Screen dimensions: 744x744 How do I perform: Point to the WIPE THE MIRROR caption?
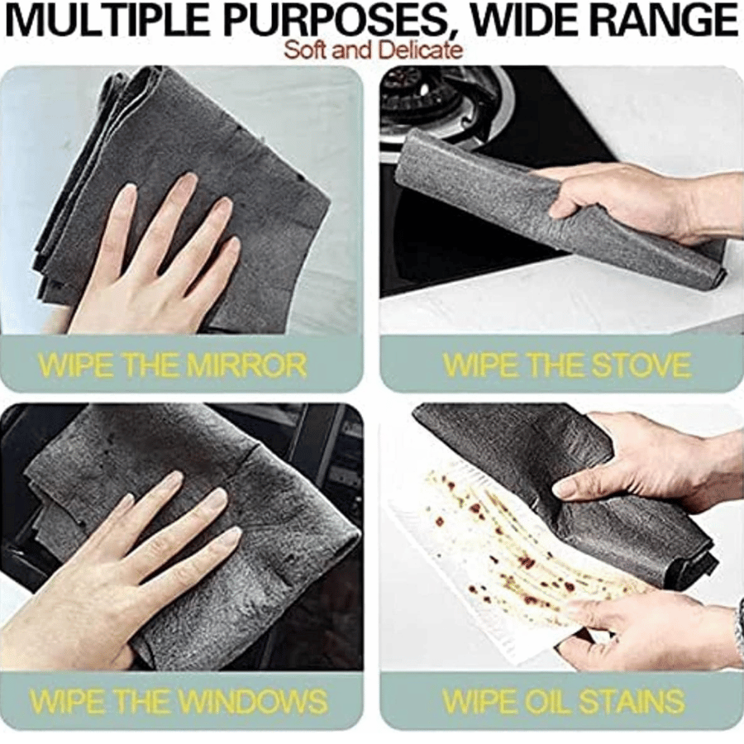tap(172, 365)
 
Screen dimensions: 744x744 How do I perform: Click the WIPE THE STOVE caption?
tap(565, 365)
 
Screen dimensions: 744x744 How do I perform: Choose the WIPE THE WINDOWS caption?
tap(178, 700)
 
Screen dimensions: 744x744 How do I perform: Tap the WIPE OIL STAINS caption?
tap(563, 700)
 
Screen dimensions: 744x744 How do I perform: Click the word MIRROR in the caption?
tap(246, 365)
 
